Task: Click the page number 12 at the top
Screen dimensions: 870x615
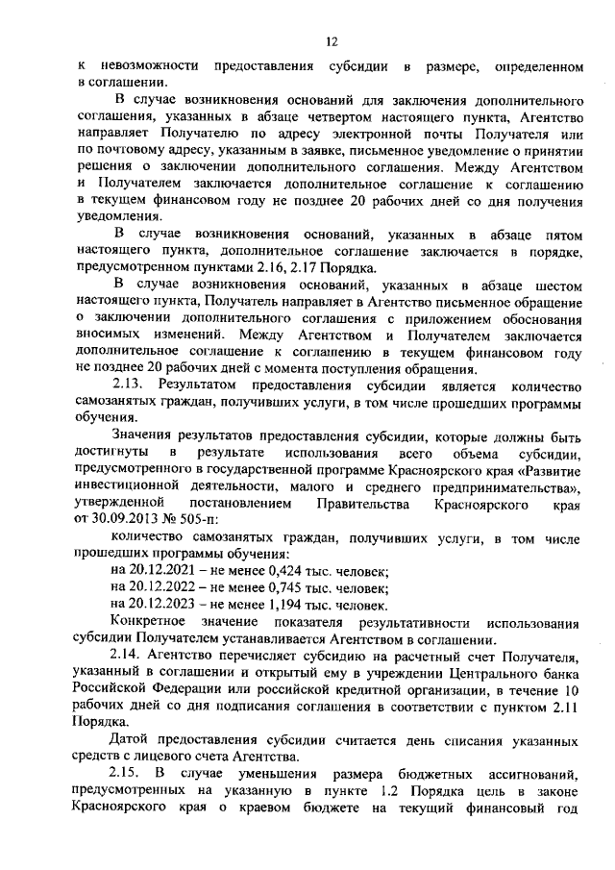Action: point(332,40)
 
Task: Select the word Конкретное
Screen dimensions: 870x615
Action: point(151,623)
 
